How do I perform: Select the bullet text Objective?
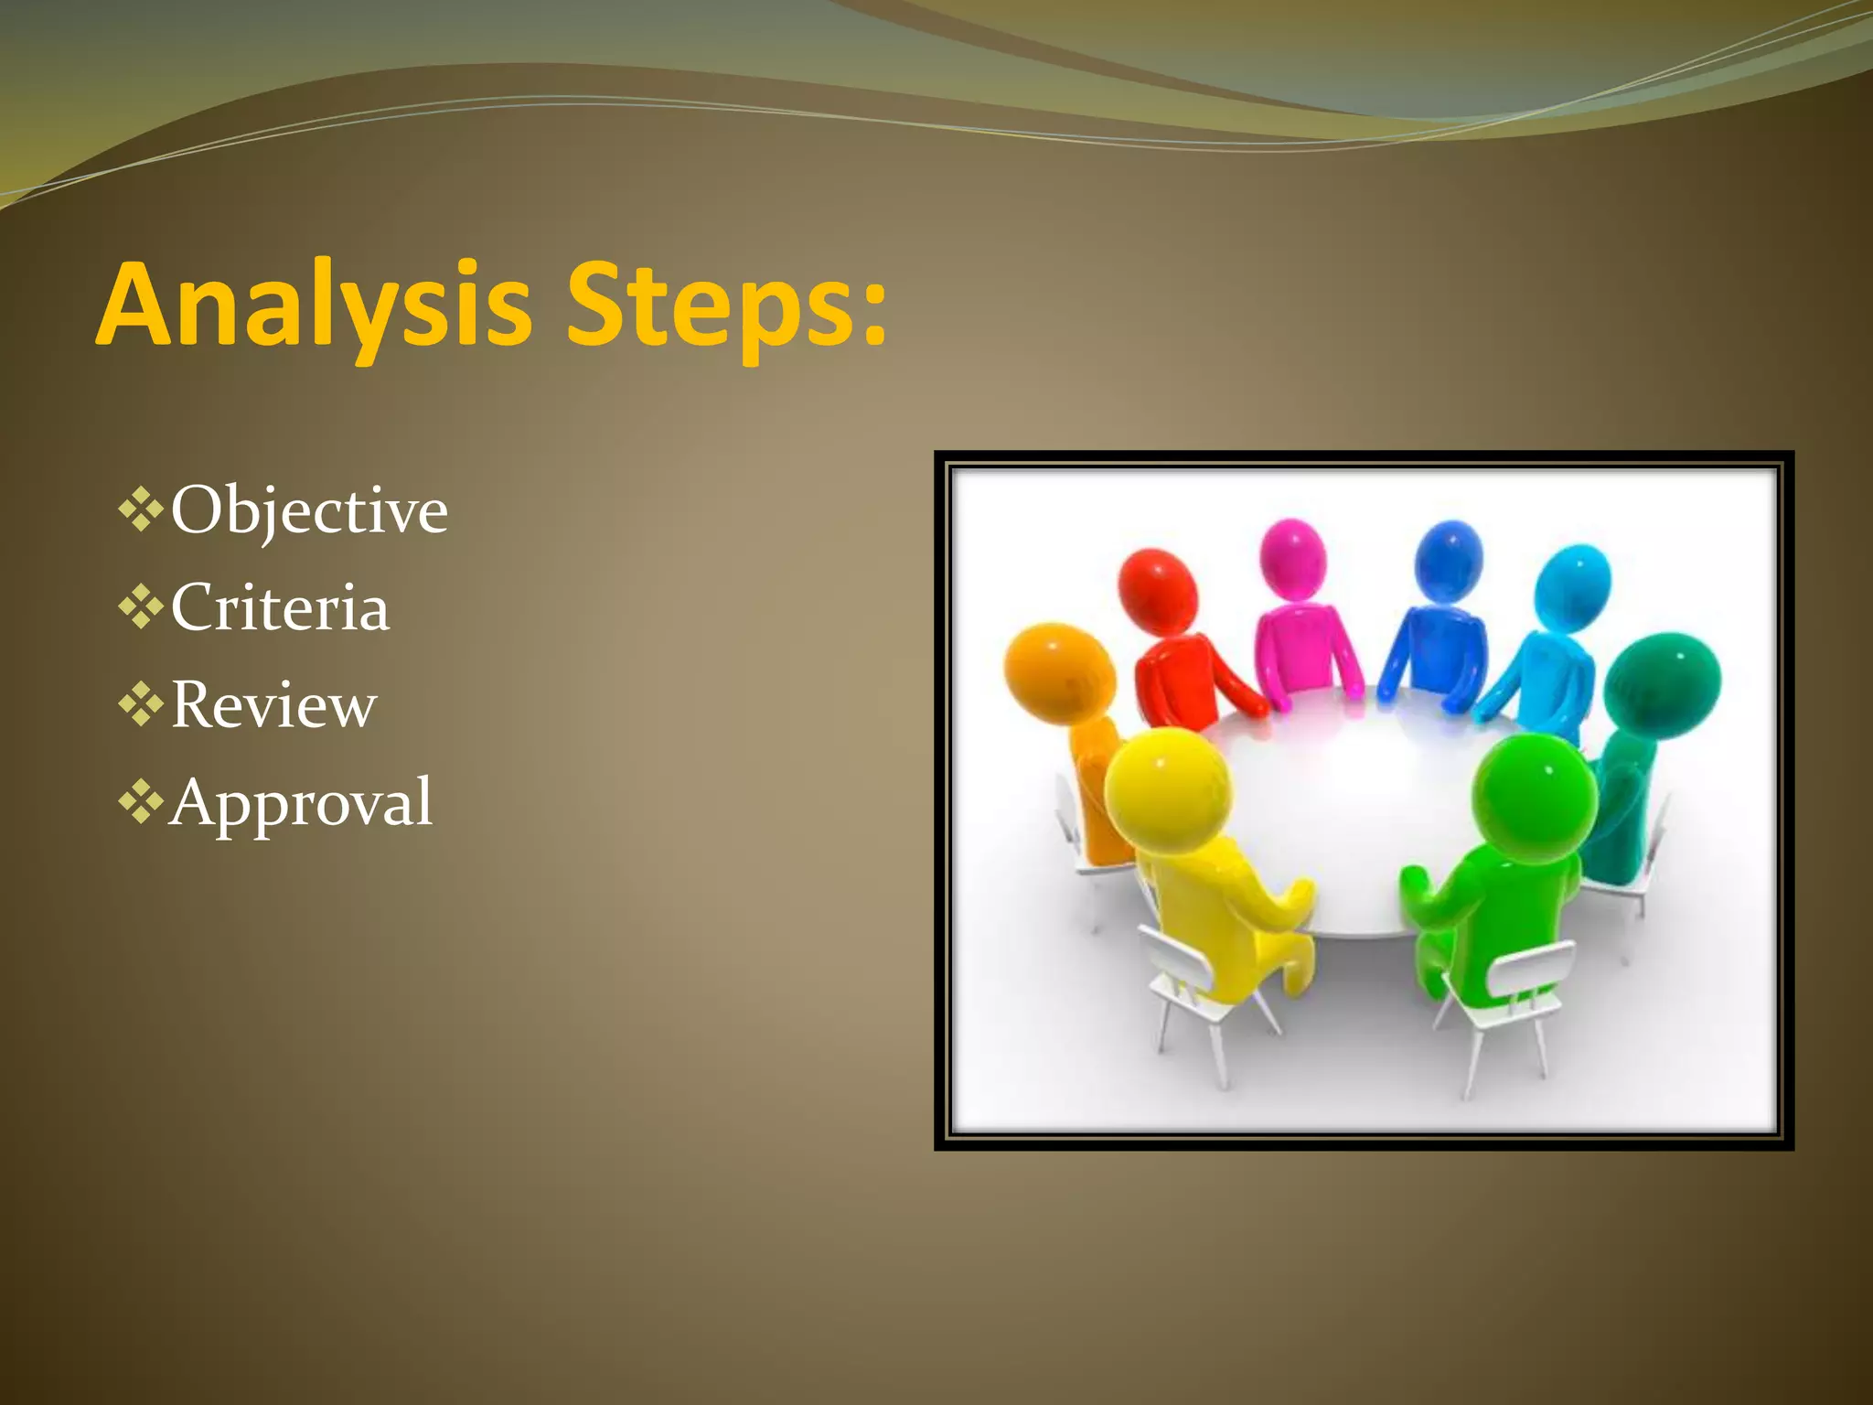point(309,510)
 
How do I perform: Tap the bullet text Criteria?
point(280,607)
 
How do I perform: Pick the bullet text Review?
point(273,705)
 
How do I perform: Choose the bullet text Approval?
point(300,803)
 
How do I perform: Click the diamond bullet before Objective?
point(141,510)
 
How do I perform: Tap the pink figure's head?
point(1292,559)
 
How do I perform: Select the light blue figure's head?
point(1571,586)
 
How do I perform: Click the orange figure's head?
point(1059,672)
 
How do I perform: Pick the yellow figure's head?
point(1167,791)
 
